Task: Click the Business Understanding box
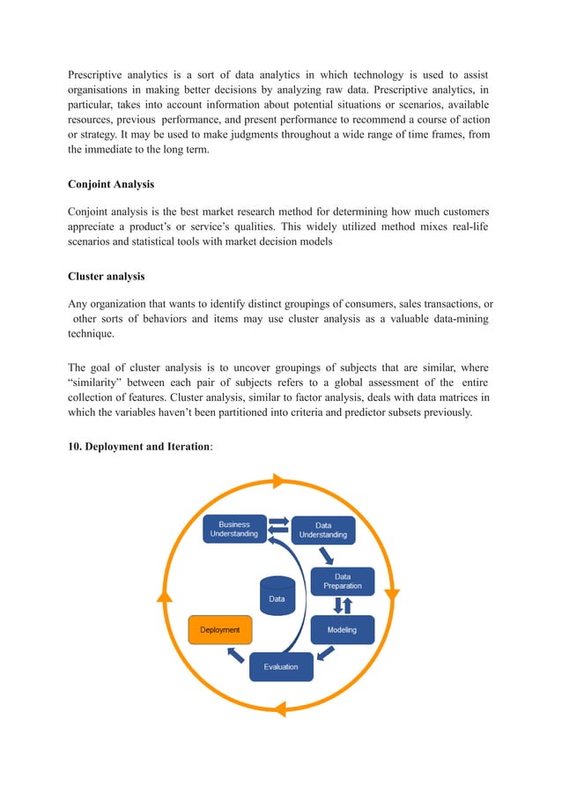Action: click(x=233, y=529)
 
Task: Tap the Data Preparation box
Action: click(x=342, y=582)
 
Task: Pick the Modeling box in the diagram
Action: click(x=342, y=630)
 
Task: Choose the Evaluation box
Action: click(x=281, y=666)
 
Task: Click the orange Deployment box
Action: click(x=220, y=630)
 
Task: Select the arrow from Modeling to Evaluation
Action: click(x=324, y=653)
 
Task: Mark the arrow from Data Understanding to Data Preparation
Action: click(x=326, y=556)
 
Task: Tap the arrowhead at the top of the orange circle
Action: click(x=278, y=480)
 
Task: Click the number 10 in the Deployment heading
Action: click(x=74, y=446)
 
